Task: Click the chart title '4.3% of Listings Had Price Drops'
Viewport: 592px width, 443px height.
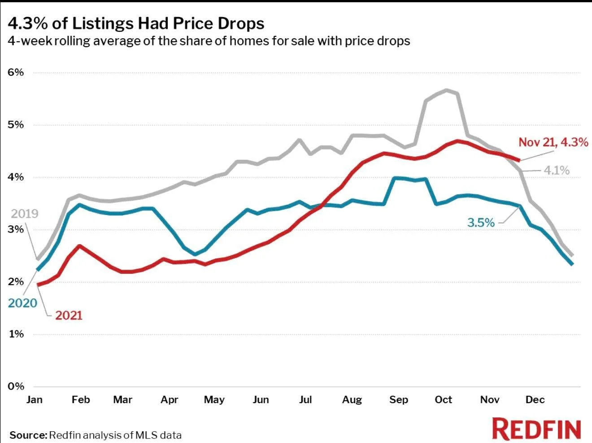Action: click(136, 23)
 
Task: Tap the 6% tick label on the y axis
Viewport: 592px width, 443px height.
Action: click(16, 72)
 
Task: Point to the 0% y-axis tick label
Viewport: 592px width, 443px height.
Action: click(16, 386)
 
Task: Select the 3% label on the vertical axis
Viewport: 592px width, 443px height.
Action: click(16, 229)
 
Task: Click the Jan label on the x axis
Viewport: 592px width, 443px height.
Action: click(34, 399)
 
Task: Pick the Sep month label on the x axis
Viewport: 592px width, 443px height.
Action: click(398, 399)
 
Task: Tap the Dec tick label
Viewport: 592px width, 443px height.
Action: click(535, 399)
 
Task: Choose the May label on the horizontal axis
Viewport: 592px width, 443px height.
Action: click(214, 399)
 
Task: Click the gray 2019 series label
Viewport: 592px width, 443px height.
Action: click(25, 214)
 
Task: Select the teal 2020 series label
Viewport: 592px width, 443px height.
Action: click(22, 303)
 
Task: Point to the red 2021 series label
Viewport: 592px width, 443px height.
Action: click(69, 315)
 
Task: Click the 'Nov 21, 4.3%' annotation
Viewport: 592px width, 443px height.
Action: click(553, 142)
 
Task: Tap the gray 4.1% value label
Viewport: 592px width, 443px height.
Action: click(557, 171)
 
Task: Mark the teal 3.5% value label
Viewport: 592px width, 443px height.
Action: click(481, 223)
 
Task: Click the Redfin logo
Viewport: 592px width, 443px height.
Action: click(536, 429)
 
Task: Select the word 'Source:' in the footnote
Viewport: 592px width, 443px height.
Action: click(28, 435)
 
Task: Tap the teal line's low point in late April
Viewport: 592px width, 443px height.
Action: click(195, 254)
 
